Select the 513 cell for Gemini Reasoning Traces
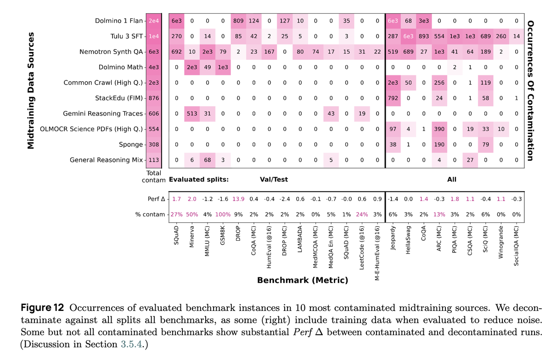192,113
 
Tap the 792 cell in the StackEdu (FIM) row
393,98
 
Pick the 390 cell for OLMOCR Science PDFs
439,129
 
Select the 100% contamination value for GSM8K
223,215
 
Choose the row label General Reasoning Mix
106,160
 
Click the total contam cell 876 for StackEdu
153,98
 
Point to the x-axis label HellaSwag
408,239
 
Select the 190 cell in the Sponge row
439,144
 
